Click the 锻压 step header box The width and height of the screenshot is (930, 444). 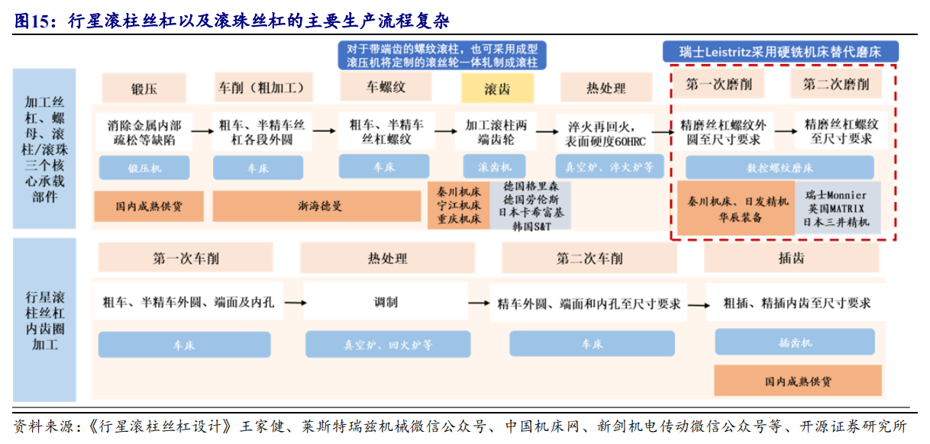point(144,88)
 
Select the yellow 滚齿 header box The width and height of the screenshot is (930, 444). point(497,88)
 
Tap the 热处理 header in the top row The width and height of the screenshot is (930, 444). point(605,88)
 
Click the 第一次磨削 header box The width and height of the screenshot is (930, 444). point(718,84)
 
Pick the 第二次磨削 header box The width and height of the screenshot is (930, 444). point(836,84)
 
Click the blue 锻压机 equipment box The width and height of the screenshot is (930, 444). point(145,168)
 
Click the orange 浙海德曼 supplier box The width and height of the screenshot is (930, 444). point(316,205)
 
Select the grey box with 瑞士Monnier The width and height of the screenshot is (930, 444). point(837,208)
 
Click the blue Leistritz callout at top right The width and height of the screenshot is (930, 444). point(780,52)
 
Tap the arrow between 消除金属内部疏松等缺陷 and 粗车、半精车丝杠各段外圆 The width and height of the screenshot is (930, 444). point(202,131)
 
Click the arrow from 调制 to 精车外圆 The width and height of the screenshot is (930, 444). point(480,303)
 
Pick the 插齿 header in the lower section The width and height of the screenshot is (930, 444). point(791,258)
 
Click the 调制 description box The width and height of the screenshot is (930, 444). point(386,302)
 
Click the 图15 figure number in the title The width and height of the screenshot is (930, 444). point(32,21)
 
